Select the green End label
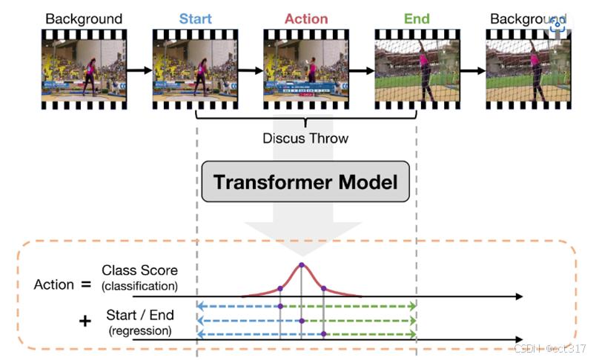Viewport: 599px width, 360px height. point(417,18)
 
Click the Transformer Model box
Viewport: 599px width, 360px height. point(305,181)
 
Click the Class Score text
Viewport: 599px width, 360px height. point(140,271)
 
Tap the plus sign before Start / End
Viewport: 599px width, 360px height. point(86,321)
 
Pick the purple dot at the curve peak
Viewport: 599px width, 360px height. point(301,264)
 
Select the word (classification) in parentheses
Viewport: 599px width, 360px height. point(141,286)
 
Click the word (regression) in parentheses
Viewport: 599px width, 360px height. point(141,330)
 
